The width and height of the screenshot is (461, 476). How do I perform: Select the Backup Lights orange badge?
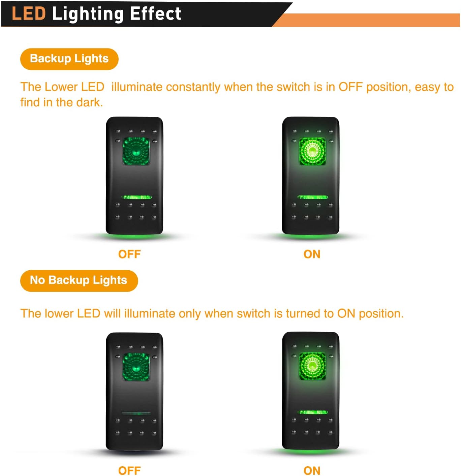click(69, 59)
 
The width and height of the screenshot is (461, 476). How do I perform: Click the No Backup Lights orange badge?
click(79, 280)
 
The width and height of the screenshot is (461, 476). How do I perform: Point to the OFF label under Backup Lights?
click(129, 254)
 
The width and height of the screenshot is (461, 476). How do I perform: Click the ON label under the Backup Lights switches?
click(312, 254)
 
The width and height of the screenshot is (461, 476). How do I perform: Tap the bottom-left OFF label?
click(129, 470)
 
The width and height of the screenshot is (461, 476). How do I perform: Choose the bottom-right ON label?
click(312, 470)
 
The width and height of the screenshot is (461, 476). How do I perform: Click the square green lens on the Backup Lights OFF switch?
click(136, 151)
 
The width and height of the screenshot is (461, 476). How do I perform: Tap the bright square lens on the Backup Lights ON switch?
click(312, 151)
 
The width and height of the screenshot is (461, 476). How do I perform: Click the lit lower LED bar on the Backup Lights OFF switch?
click(136, 197)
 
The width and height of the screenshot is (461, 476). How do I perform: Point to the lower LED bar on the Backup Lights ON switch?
click(313, 197)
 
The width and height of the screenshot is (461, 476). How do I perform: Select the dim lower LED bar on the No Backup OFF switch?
click(136, 413)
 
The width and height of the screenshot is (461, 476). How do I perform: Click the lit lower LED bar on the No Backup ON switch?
click(313, 412)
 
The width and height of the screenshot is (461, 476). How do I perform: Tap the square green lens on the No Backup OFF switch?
click(136, 367)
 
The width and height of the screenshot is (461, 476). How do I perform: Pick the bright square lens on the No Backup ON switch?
click(312, 366)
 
